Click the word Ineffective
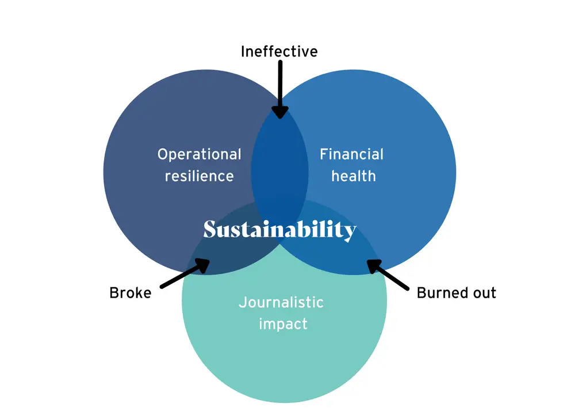tap(279, 51)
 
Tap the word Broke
tap(131, 293)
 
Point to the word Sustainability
tap(280, 230)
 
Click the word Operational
tap(199, 154)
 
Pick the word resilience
tap(199, 176)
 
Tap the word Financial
tap(351, 154)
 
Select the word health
tap(354, 176)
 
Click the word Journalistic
tap(281, 302)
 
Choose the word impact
tap(283, 324)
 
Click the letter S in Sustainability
tap(210, 229)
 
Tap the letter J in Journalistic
tap(242, 303)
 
